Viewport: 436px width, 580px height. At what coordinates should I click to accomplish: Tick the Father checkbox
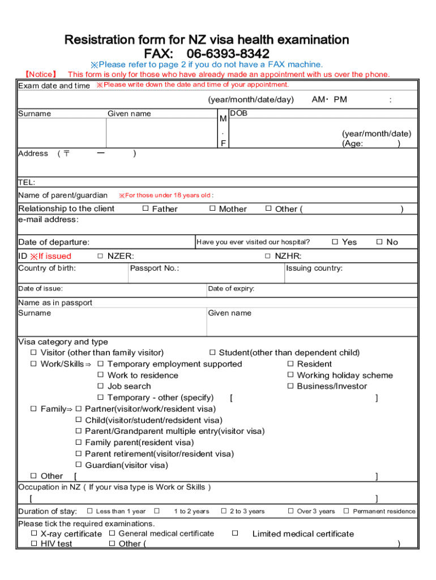point(145,208)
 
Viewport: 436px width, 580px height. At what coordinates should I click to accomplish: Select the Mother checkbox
point(212,208)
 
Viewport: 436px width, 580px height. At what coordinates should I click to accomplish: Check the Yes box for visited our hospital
point(335,242)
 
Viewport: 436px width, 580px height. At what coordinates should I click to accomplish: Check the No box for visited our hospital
point(379,242)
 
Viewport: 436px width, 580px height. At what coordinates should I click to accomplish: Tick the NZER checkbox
point(100,256)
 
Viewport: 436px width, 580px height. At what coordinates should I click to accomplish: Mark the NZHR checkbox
point(268,256)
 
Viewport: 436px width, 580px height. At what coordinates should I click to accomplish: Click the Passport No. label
point(155,268)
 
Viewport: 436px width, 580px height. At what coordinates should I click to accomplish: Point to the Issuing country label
point(314,268)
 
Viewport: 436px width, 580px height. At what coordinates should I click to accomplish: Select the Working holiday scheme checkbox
point(290,375)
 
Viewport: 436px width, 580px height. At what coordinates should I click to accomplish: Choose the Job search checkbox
point(101,386)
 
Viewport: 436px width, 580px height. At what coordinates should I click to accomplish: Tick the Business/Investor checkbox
point(290,386)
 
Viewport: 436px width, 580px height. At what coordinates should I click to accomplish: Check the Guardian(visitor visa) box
point(79,465)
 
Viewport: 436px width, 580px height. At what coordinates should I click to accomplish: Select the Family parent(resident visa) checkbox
point(79,442)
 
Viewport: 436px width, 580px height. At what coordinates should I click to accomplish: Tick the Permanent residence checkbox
point(347,511)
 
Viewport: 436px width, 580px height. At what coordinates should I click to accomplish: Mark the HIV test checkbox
point(34,544)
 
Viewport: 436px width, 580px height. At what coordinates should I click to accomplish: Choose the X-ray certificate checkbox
point(34,534)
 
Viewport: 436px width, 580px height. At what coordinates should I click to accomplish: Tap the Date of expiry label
point(231,289)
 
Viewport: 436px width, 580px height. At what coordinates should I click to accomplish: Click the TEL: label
point(27,182)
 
